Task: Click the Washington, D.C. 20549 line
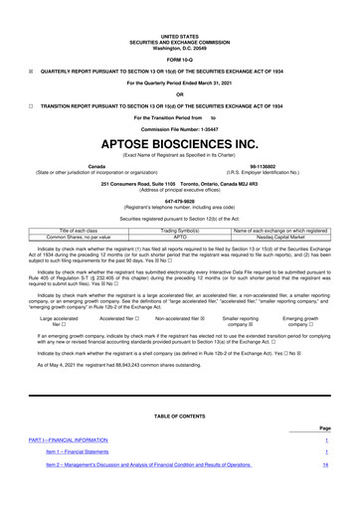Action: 180,20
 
